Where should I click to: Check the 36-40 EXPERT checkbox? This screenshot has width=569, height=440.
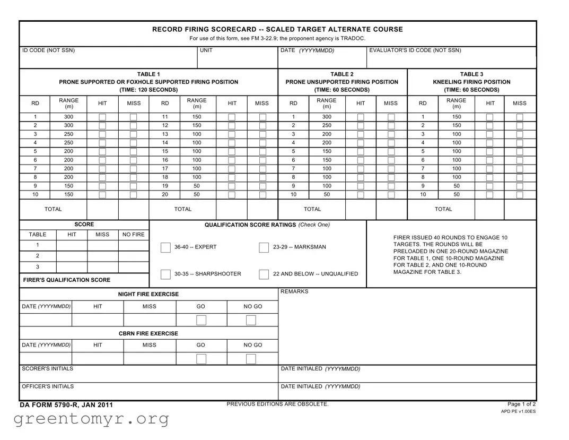pyautogui.click(x=165, y=247)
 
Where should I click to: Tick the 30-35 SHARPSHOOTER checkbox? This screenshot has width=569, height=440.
pyautogui.click(x=165, y=274)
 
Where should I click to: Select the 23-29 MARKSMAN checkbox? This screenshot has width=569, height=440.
pyautogui.click(x=264, y=247)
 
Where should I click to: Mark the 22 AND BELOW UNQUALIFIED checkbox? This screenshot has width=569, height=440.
pyautogui.click(x=264, y=274)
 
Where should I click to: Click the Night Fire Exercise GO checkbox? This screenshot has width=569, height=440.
pyautogui.click(x=201, y=320)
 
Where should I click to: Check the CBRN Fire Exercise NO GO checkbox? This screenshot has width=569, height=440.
pyautogui.click(x=251, y=359)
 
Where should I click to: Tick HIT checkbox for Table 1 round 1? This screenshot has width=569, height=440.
pyautogui.click(x=102, y=117)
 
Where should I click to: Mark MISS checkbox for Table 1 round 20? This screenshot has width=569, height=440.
pyautogui.click(x=262, y=195)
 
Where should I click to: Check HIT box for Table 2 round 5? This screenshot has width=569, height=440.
pyautogui.click(x=361, y=152)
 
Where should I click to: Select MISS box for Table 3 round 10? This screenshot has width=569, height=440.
pyautogui.click(x=520, y=195)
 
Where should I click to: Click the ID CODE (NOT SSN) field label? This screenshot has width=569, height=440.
pyautogui.click(x=48, y=50)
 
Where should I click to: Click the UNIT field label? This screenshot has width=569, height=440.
pyautogui.click(x=206, y=50)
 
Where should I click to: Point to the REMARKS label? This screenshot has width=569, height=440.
pyautogui.click(x=294, y=291)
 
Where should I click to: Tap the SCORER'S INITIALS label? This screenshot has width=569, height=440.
pyautogui.click(x=48, y=368)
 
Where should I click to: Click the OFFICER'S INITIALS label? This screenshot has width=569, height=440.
pyautogui.click(x=48, y=386)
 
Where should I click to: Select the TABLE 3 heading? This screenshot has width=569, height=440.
pyautogui.click(x=471, y=74)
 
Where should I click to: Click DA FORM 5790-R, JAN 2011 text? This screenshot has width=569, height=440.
pyautogui.click(x=66, y=405)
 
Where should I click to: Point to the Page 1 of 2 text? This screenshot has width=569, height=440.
pyautogui.click(x=521, y=404)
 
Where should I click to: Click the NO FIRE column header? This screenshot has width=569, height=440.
pyautogui.click(x=133, y=235)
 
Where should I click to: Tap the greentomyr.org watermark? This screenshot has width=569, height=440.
pyautogui.click(x=91, y=419)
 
